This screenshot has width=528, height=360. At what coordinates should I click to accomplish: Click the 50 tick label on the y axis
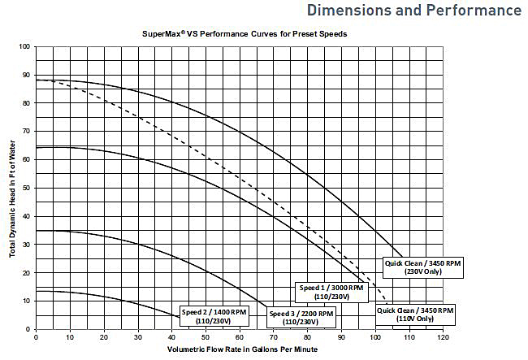coord(26,188)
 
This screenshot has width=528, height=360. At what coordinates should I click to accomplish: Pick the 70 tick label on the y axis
coord(26,132)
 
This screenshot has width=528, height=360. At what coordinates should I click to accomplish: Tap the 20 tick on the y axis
coord(26,272)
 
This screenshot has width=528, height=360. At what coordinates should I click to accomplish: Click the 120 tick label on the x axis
coord(442,336)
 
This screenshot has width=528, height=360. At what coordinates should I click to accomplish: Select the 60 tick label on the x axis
coord(239,336)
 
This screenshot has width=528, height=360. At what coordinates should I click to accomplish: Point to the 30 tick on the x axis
coord(137,336)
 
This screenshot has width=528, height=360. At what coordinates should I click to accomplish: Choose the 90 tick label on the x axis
coord(340,336)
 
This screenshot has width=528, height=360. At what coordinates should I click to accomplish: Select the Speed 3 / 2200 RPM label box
coord(301,317)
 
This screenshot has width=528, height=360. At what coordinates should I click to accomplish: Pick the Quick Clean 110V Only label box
coord(414,315)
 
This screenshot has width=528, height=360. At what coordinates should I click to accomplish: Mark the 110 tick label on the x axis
coord(408,336)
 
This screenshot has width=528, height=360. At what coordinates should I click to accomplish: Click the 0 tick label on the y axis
coord(28,328)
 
